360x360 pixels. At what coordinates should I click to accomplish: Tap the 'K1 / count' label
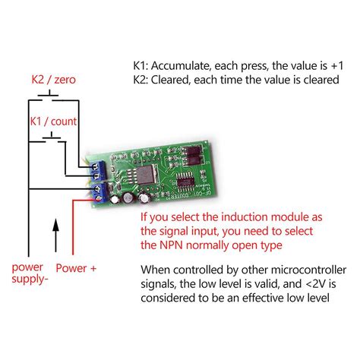[x=53, y=121]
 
